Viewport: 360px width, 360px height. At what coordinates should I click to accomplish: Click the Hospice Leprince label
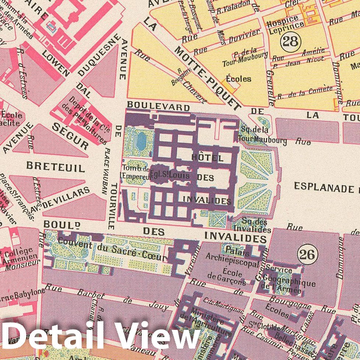(283, 22)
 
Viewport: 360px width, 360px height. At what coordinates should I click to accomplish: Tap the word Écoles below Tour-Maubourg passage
(239, 79)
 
